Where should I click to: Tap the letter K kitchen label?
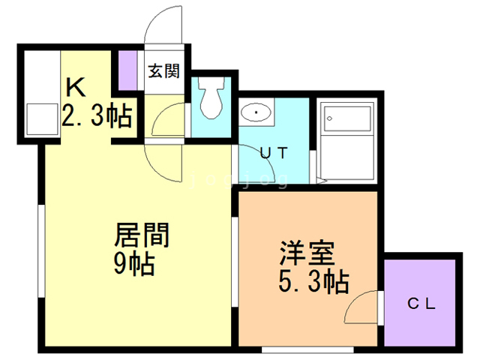click(x=75, y=87)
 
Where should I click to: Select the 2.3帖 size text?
click(x=97, y=117)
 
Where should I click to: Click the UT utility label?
click(x=273, y=151)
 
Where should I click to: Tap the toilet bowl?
click(x=212, y=100)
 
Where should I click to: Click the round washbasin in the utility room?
click(x=256, y=113)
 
